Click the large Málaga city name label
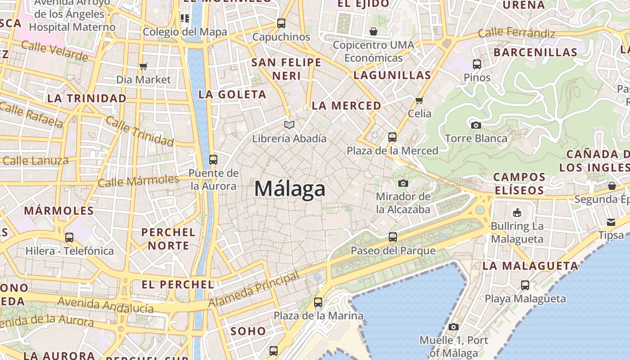[289, 189]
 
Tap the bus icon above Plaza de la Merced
[392, 137]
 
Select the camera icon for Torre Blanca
[476, 125]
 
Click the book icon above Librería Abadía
[289, 125]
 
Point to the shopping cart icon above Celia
[419, 100]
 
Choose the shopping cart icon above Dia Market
[144, 67]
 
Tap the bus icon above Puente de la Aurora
[213, 159]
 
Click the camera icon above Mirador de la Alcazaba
[403, 183]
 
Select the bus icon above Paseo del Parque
[393, 237]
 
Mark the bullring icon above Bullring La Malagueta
[517, 212]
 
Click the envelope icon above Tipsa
[611, 222]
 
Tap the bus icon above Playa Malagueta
[525, 285]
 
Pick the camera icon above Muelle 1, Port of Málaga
[454, 327]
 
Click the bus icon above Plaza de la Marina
[318, 302]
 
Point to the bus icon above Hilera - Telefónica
[69, 237]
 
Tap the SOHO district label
[248, 332]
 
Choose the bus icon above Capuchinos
[281, 23]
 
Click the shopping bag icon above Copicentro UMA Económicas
[373, 31]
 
